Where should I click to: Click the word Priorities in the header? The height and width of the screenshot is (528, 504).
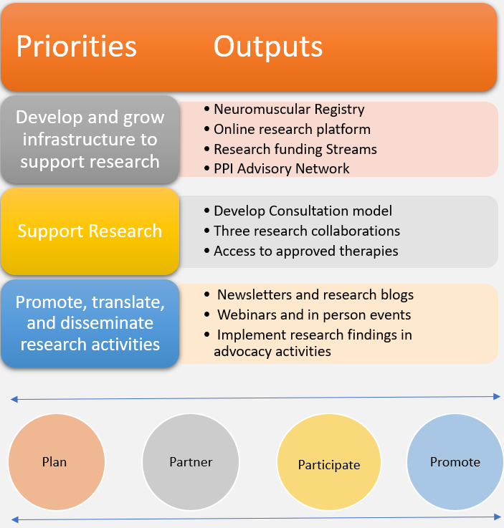coord(76,47)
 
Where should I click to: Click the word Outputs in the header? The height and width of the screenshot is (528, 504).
coord(267,47)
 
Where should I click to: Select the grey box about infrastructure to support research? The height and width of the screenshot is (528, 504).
coord(90,139)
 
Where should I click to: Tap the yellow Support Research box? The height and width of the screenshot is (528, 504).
coord(90,231)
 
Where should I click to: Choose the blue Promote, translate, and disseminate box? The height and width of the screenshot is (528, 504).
coord(90,323)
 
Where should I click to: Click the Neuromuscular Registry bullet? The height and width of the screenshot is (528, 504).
coord(289,110)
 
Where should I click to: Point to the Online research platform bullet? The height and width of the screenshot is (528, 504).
coord(292,130)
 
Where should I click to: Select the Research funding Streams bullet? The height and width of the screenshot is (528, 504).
coord(295,149)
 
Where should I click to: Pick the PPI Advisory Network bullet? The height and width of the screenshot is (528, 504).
coord(281,169)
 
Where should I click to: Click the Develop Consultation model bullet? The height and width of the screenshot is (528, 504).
coord(303,211)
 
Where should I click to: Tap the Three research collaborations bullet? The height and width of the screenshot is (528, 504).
coord(306,231)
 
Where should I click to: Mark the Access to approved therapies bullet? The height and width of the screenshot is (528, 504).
coord(305,251)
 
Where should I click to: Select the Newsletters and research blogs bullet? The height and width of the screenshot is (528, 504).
coord(315,294)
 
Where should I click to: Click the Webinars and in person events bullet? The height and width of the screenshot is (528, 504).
coord(313,315)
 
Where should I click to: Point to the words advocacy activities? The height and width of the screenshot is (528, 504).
coord(272,351)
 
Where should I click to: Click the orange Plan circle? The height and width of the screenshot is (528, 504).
coord(55,462)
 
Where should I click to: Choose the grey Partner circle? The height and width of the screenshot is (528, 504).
coord(191,462)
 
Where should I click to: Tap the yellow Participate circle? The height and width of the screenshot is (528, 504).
coord(328,465)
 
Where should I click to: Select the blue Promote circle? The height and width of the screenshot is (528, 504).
coord(455,462)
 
